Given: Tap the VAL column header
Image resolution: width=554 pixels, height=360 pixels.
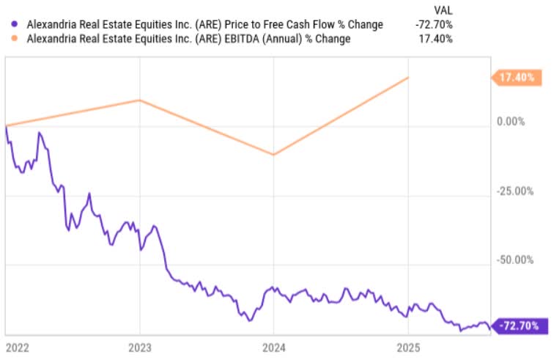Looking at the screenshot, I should click(443, 10).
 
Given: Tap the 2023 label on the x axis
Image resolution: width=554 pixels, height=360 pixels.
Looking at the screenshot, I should click(139, 348).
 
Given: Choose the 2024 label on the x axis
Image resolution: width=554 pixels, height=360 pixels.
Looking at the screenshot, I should click(273, 348).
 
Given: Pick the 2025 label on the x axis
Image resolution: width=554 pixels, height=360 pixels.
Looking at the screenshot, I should click(408, 348).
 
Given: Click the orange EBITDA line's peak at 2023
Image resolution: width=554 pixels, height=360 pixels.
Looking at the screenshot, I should click(139, 100).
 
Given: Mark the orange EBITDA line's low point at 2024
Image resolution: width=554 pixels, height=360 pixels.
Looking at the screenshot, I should click(273, 155).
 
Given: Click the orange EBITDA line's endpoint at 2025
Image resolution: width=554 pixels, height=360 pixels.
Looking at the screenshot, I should click(408, 77).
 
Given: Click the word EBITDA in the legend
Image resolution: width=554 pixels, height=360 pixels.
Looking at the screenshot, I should click(257, 39).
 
